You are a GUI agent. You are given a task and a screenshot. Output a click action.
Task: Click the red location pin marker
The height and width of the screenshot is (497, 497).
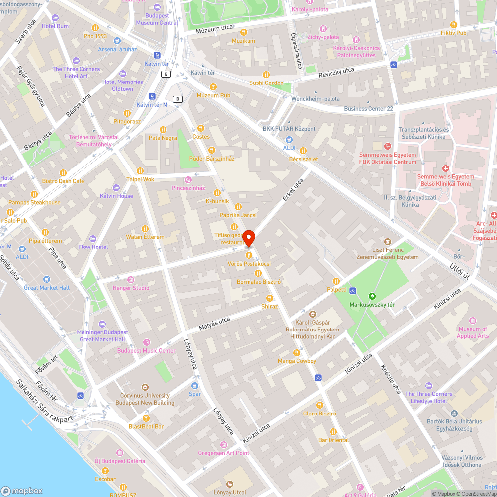coord(248,238)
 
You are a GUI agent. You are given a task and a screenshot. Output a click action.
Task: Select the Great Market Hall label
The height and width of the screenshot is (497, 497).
coord(47,288)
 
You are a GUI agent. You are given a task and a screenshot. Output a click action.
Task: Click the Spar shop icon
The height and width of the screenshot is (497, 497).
coord(195,385)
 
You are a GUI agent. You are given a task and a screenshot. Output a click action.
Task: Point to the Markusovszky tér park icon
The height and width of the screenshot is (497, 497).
coord(372,296)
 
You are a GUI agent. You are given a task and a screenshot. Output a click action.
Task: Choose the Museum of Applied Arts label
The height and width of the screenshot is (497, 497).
coord(473,332)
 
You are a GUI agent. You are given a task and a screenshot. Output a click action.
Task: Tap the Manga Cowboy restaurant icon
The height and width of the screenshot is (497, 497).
coord(297,352)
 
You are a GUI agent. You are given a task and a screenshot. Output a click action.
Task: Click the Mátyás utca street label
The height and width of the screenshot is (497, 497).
coord(214,324)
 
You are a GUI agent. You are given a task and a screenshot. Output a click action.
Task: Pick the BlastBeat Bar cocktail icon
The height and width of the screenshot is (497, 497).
coord(146,418)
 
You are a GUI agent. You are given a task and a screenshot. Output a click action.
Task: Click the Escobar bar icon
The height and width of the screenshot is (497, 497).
coord(105,470)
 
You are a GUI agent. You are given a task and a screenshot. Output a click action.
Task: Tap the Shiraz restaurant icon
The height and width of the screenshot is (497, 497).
coord(269,298)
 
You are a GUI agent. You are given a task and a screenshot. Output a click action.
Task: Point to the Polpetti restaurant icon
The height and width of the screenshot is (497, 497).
coord(336,281)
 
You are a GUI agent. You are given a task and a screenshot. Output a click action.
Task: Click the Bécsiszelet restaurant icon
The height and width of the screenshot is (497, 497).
coord(303,151)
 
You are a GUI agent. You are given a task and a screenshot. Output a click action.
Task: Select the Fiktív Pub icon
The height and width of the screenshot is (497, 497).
coord(453,25)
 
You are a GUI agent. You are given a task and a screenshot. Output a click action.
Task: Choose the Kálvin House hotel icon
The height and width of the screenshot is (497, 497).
coord(116,187)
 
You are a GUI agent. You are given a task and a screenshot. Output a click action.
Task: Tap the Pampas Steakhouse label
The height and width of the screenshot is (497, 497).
coord(34,202)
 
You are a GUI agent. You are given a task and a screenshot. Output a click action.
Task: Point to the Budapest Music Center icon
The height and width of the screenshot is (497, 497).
coord(146,342)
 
